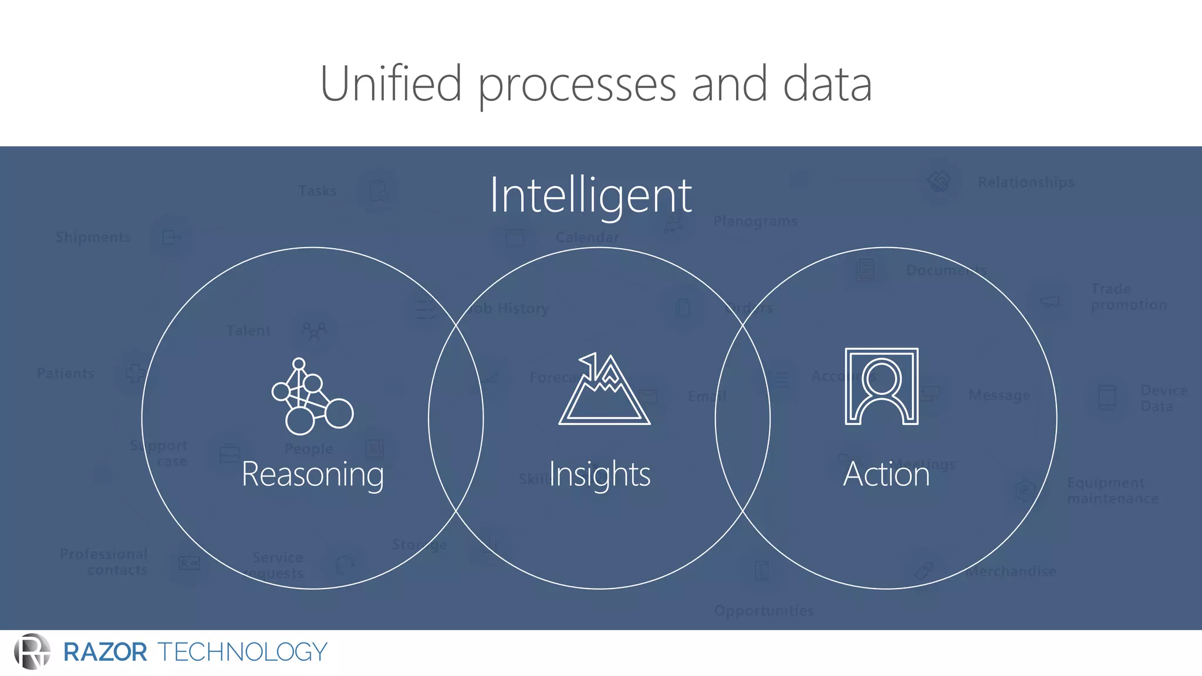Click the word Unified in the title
coord(391,83)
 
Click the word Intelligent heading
coord(590,195)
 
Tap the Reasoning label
coord(313,474)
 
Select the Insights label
coord(599,474)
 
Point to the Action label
coord(886,474)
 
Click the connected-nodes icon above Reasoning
coord(311,397)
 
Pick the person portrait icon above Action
coord(882,386)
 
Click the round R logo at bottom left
coord(32,651)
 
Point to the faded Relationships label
coord(1026,182)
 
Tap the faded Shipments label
coord(93,237)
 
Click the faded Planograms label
coord(755,221)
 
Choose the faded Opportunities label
coord(764,611)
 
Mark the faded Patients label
coord(65,373)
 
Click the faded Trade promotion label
coord(1128,297)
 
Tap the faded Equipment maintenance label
coord(1112,491)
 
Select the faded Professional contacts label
coord(104,562)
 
